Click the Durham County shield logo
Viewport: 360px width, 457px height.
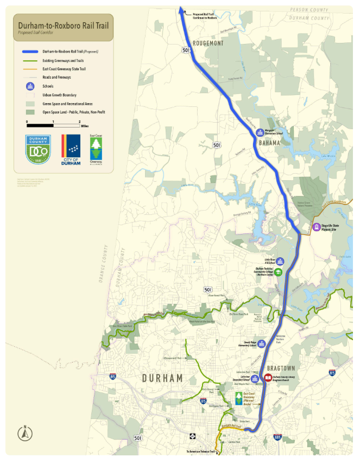point(39,149)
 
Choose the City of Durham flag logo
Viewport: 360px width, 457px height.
point(71,148)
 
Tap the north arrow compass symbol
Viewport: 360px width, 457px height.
point(24,433)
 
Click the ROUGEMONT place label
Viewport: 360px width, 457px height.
point(207,44)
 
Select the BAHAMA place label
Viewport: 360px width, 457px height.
point(269,143)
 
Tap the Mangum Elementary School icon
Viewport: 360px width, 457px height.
point(260,131)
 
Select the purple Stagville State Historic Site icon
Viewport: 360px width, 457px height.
point(317,227)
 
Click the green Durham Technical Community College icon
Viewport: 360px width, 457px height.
point(279,271)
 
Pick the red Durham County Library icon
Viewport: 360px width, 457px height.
point(268,378)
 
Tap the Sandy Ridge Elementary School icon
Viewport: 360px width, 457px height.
point(261,344)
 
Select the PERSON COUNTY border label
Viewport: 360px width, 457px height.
point(310,10)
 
